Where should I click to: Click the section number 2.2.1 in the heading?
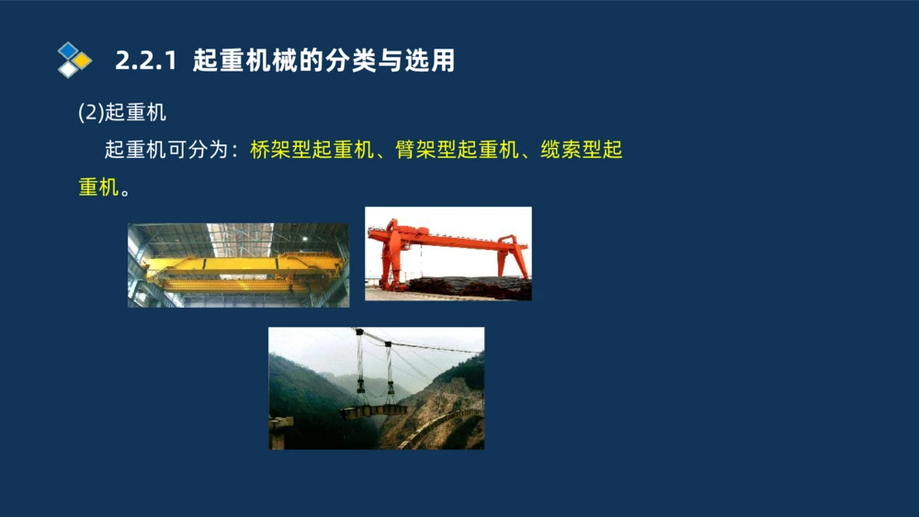pos(145,62)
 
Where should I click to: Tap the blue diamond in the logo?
pos(68,50)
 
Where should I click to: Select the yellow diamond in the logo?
pos(82,61)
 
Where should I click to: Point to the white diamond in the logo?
pos(68,70)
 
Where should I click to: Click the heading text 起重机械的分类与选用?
pos(324,62)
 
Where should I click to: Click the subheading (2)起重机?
pos(122,113)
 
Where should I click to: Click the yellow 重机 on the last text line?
pos(98,187)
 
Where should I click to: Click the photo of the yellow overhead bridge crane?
pos(238,264)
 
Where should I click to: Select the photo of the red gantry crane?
pos(448,253)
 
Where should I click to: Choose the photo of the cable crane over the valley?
pos(376,388)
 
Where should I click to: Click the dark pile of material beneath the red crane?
pos(469,288)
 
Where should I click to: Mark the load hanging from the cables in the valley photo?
pos(372,410)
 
